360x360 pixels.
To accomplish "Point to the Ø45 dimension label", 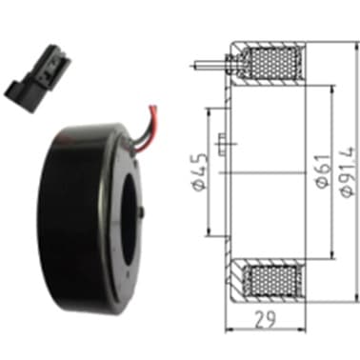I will [198, 172].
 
